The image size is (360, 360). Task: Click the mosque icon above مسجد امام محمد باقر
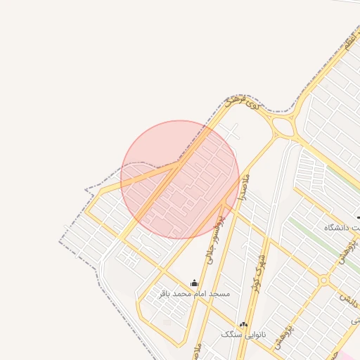coord(194,283)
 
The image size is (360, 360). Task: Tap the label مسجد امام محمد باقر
coord(194,292)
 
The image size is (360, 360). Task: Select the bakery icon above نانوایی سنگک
coord(243,324)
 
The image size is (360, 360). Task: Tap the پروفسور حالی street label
coord(214,238)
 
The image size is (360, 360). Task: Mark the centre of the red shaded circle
coord(180,179)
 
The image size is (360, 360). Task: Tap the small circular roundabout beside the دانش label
coord(323,281)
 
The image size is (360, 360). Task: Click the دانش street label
coord(349,299)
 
